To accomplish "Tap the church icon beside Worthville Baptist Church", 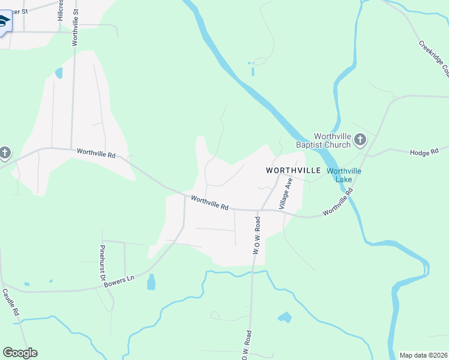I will [x=360, y=140].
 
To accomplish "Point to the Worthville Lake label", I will [x=344, y=175].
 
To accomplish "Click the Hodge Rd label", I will [x=424, y=153].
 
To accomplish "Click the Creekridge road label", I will [x=434, y=58].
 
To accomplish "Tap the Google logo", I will [x=20, y=353].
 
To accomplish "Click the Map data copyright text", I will [x=424, y=355].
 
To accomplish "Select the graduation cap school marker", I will [x=3, y=22].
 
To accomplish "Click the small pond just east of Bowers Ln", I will [x=151, y=282].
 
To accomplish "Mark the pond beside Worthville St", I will [x=59, y=73].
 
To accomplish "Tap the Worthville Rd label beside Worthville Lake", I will [x=336, y=203].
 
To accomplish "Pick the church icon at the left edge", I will [x=4, y=153].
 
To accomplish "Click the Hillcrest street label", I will [x=61, y=11].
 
